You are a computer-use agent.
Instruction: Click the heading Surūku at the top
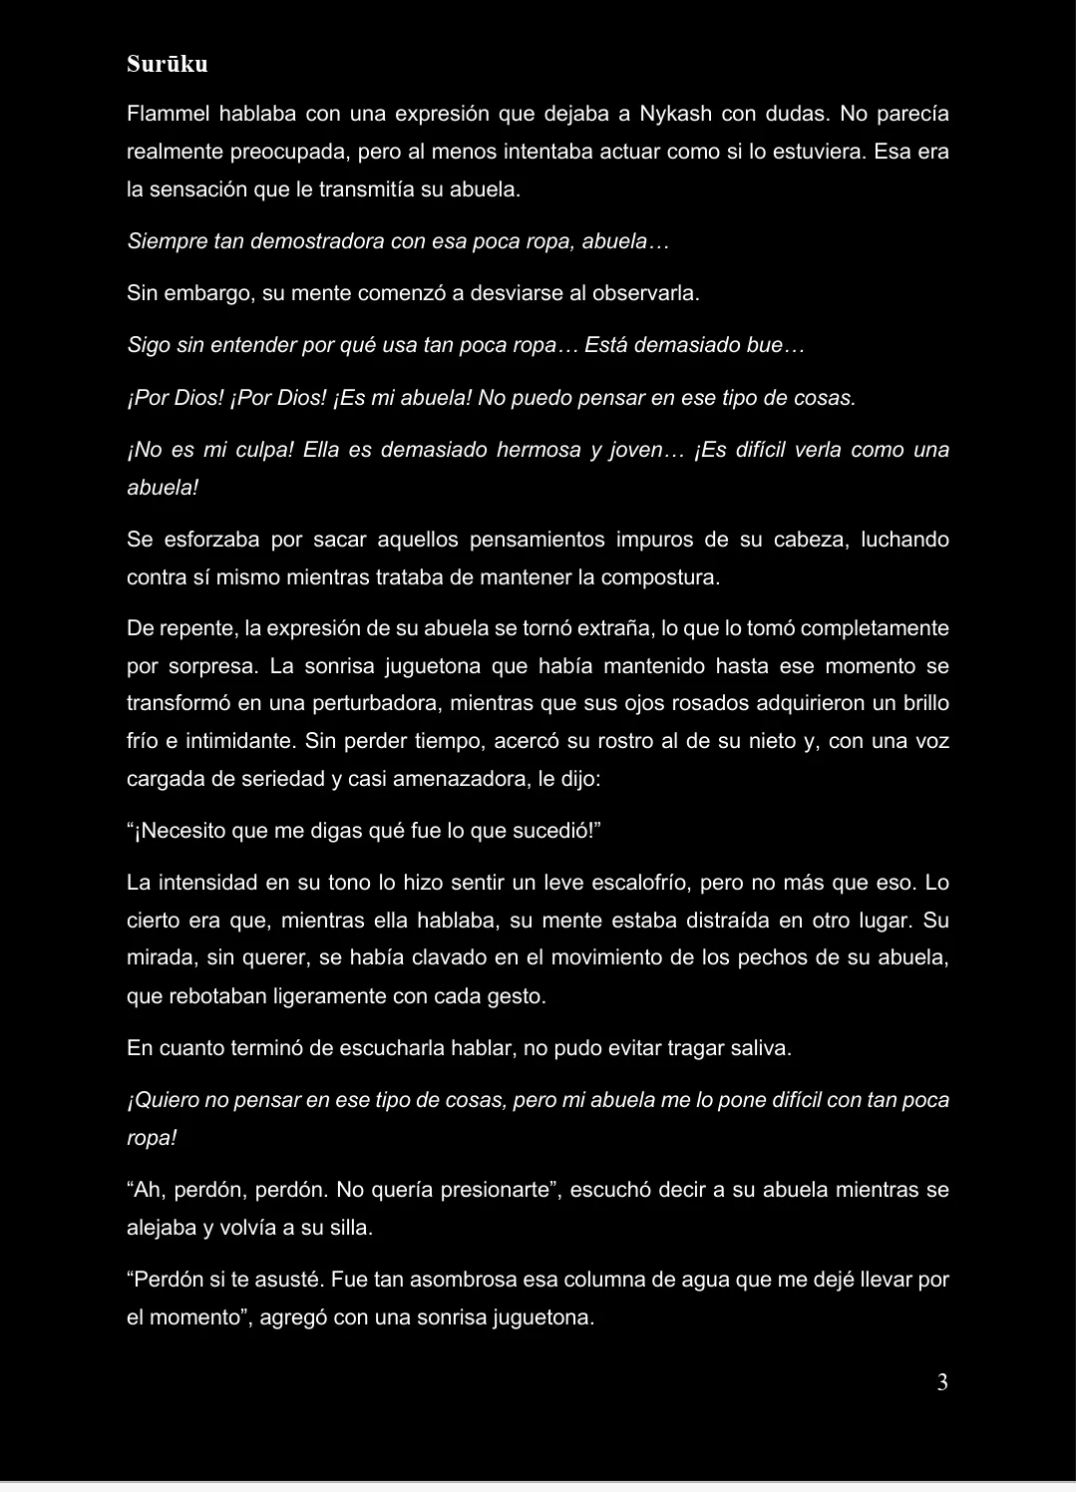(x=168, y=64)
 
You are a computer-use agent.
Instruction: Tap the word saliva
(x=759, y=1048)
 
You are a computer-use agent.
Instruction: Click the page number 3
(x=942, y=1382)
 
